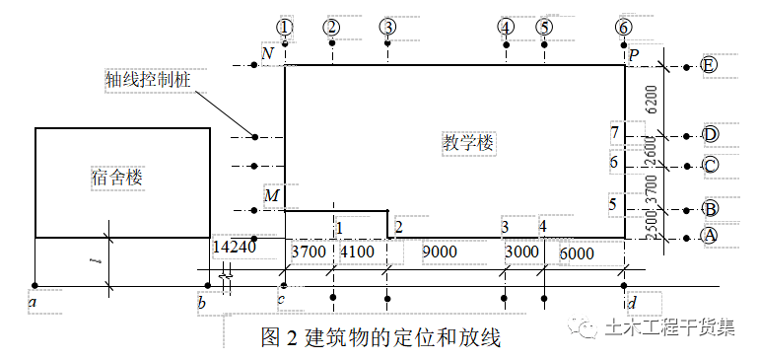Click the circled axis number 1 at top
pyautogui.click(x=285, y=27)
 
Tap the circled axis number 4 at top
pyautogui.click(x=506, y=27)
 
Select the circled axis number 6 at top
pyautogui.click(x=623, y=27)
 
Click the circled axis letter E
pyautogui.click(x=710, y=66)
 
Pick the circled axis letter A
pyautogui.click(x=709, y=236)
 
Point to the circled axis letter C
pyautogui.click(x=710, y=165)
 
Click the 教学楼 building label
pyautogui.click(x=467, y=144)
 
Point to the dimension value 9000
pyautogui.click(x=440, y=252)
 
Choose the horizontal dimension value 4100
pyautogui.click(x=357, y=252)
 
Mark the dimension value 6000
pyautogui.click(x=577, y=252)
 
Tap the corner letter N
pyautogui.click(x=267, y=52)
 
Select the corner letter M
pyautogui.click(x=271, y=196)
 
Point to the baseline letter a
pyautogui.click(x=34, y=302)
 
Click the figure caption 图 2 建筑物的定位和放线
pyautogui.click(x=380, y=338)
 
